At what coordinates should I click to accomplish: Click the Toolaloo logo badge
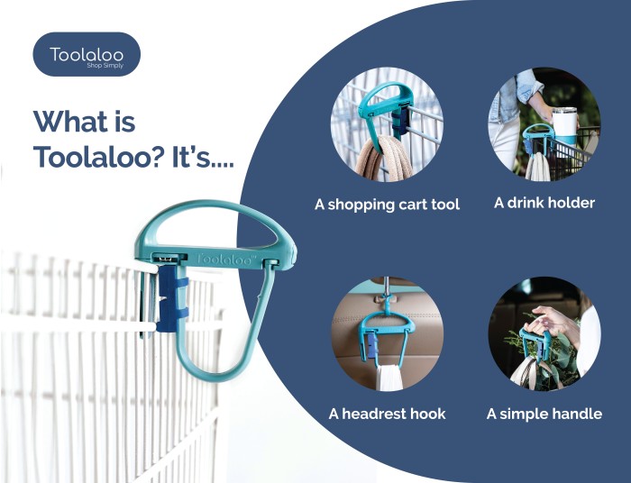(x=87, y=54)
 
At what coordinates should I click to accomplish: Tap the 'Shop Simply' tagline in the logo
(x=105, y=66)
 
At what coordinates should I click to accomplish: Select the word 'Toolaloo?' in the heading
(x=99, y=157)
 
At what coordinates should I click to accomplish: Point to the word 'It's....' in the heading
(x=203, y=157)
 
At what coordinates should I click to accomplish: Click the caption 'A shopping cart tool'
(x=387, y=205)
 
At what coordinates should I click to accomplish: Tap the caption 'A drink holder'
(x=544, y=203)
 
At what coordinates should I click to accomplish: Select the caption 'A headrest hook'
(x=387, y=414)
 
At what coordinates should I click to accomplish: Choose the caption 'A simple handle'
(x=544, y=414)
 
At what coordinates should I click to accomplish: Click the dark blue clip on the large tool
(x=172, y=298)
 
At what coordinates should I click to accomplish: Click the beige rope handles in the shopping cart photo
(x=384, y=159)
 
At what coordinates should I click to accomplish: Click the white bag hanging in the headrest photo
(x=389, y=378)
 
